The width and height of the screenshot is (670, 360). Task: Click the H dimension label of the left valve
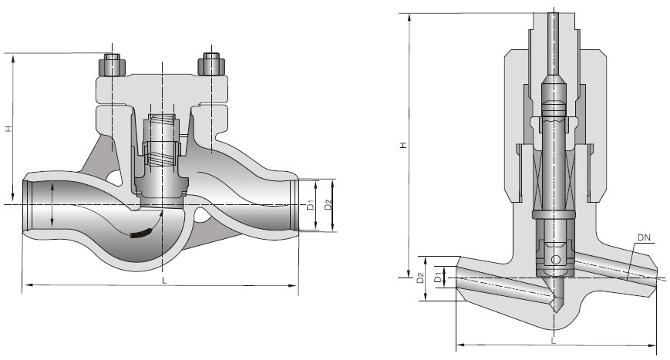coord(8,128)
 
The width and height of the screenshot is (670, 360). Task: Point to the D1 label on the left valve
coord(310,206)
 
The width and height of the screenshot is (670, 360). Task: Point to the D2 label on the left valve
coord(328,206)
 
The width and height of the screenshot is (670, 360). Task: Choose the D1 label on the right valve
coord(439,276)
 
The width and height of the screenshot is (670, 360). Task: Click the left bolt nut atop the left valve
coord(113,63)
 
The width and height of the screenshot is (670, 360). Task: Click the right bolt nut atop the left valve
coord(210,63)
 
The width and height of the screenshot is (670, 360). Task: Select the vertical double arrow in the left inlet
coord(52,204)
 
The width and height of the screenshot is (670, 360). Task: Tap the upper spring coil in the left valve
coord(163,123)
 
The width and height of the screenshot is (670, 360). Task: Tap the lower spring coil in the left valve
coord(163,160)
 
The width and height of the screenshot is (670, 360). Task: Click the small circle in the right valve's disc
coord(556,259)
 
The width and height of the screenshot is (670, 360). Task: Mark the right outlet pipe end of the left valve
coord(296,204)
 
